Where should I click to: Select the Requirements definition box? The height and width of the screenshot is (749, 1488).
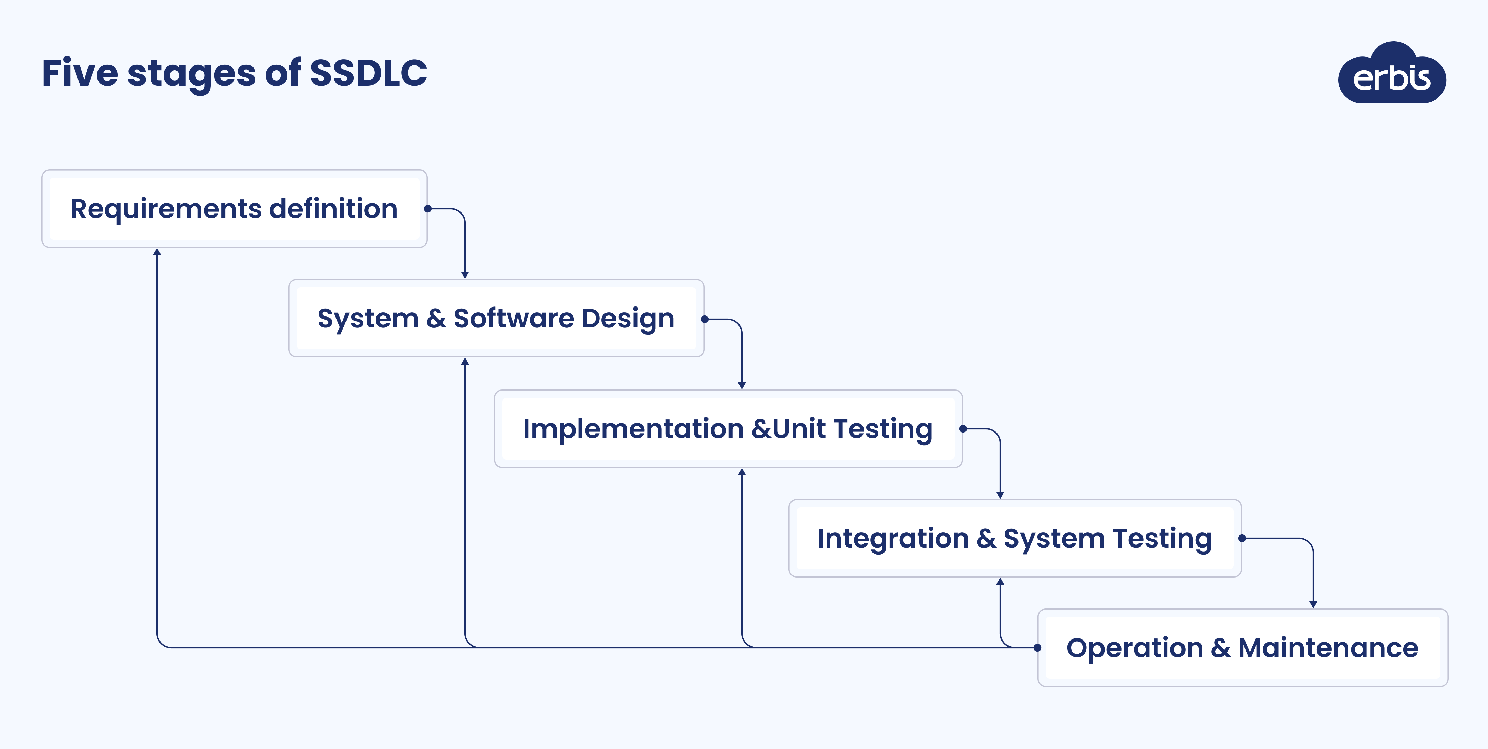[x=234, y=208]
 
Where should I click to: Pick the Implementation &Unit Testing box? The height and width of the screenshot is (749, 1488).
[x=728, y=428]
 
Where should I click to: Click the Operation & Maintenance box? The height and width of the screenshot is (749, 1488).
[x=1242, y=647]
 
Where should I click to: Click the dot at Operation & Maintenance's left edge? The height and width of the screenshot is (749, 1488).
[x=1037, y=647]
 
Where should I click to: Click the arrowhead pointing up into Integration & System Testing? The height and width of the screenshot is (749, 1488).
[x=1001, y=582]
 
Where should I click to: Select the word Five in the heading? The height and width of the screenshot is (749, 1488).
[x=80, y=73]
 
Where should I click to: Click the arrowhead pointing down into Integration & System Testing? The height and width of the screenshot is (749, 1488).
[x=1001, y=495]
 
